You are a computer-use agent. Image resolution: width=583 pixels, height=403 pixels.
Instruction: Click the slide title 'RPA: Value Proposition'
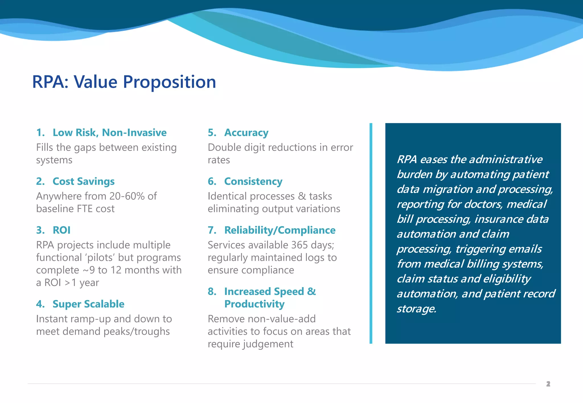tap(124, 82)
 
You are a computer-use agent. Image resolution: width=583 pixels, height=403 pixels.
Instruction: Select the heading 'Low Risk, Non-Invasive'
tap(110, 132)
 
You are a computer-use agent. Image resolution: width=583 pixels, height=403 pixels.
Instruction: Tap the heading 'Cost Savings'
tap(83, 181)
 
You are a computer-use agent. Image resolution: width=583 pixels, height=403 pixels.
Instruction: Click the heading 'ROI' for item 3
tap(61, 230)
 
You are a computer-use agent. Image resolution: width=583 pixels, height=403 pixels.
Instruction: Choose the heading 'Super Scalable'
tap(88, 304)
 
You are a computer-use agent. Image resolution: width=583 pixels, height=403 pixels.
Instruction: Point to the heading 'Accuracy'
tap(246, 132)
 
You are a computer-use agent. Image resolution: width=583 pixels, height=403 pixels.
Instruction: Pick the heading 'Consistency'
tap(253, 181)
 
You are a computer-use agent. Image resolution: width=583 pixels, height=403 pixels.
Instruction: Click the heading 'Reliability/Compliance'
tap(280, 230)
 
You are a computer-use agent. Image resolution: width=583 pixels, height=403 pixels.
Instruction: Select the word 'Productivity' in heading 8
tap(254, 304)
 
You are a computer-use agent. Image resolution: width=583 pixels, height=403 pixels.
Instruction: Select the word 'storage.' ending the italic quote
tap(416, 308)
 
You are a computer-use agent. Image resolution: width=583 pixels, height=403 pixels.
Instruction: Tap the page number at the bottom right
tap(548, 384)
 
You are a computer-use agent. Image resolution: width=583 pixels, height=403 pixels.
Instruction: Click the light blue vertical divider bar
tap(371, 233)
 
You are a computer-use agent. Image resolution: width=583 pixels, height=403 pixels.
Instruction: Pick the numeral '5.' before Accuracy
tap(212, 132)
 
